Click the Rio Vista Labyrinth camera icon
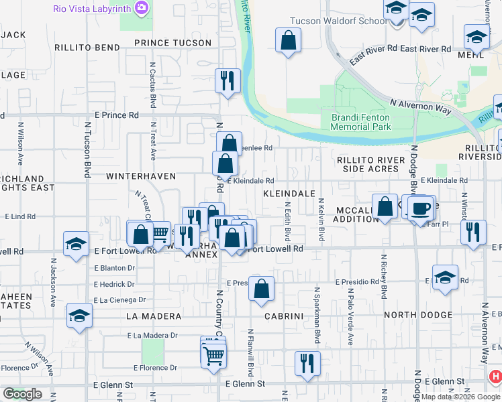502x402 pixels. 142,8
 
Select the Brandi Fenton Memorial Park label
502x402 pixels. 361,121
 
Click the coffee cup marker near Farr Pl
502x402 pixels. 421,208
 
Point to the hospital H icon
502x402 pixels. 495,378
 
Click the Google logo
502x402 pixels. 23,394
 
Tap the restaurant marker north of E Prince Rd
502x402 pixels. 228,81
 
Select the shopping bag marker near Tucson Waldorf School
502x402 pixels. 288,40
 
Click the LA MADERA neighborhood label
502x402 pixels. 153,316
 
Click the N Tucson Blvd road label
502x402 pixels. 87,149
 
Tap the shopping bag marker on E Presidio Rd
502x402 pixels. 262,289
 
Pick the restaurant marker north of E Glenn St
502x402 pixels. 308,364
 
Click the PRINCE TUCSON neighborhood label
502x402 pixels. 172,43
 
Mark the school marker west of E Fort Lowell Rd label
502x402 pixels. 76,245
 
